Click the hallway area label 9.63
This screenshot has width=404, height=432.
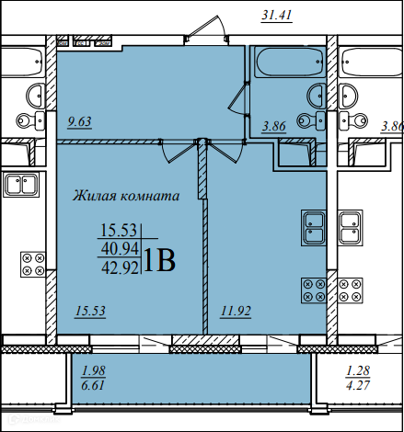coord(79,122)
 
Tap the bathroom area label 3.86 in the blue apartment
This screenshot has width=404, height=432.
coord(273,126)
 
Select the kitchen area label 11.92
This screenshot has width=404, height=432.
coord(236,312)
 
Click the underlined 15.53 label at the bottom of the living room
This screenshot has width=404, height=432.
coord(90,312)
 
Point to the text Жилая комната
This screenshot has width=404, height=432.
coord(126,196)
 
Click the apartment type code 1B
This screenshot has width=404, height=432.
coord(159,260)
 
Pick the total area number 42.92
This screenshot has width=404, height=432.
coord(120,268)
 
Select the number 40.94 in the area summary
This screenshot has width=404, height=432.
coord(120,249)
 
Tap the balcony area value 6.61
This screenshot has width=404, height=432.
coord(93,385)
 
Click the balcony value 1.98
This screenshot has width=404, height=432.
coord(94,370)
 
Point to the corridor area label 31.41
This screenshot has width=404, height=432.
coord(277,16)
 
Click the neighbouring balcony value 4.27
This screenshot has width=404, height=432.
coord(358,385)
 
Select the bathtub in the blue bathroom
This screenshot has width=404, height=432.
coord(290,63)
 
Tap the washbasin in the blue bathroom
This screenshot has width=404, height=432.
coord(317,96)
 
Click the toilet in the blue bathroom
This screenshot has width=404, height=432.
coord(311,120)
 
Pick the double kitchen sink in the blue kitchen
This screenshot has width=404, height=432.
coord(314,228)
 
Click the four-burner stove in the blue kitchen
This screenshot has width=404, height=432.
coord(314,290)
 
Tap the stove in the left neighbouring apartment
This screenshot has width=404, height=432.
coord(33,265)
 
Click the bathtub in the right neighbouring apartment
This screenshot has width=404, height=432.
coord(372,63)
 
